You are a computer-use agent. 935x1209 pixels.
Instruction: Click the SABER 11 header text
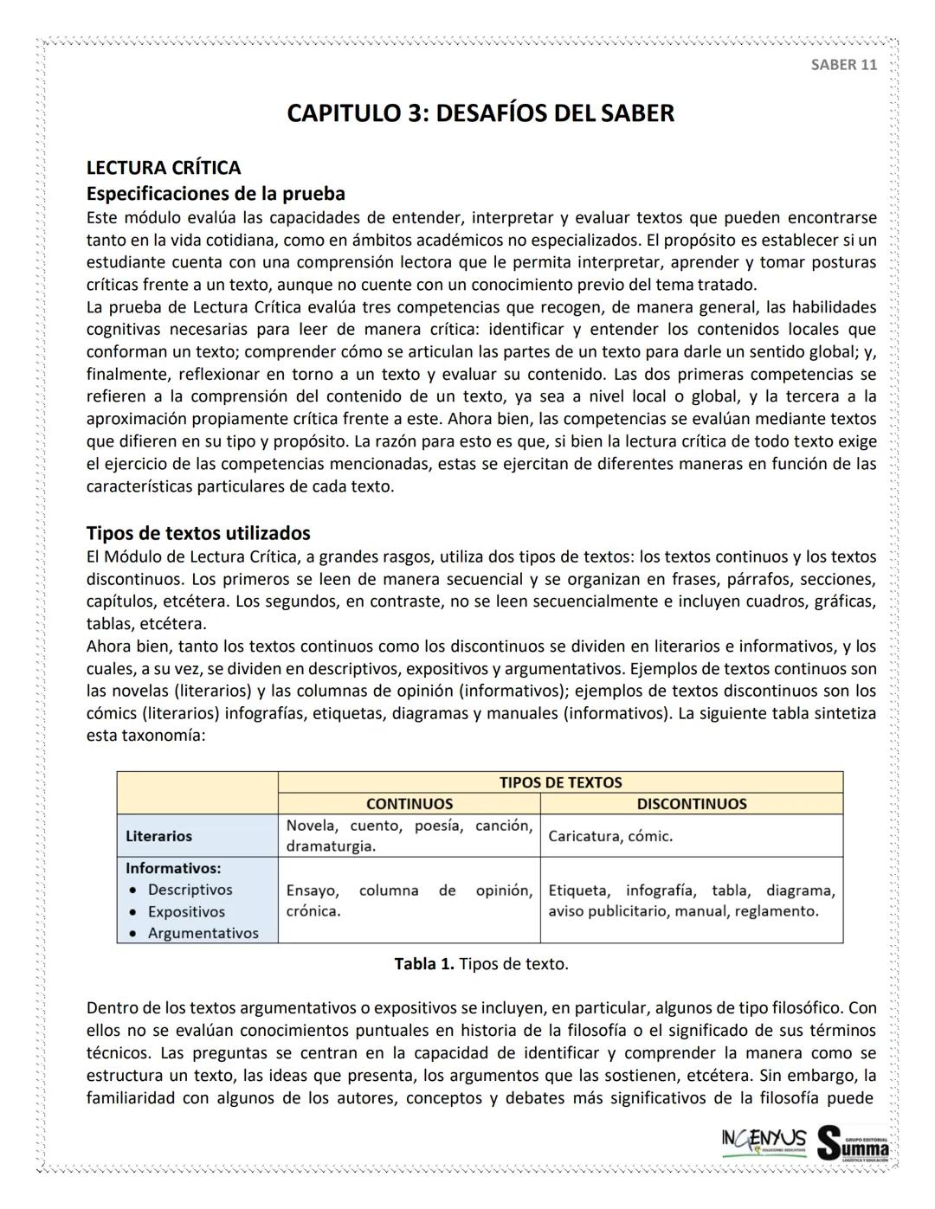click(x=843, y=65)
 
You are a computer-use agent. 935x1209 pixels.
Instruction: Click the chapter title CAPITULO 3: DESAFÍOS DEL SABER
click(x=480, y=113)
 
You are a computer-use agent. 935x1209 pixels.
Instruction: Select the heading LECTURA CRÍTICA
click(x=164, y=167)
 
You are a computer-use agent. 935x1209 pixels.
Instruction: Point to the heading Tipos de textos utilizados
click(x=198, y=532)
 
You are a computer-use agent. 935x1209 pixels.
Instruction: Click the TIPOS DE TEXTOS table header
click(x=560, y=781)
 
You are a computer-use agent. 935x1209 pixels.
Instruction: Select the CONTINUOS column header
click(x=409, y=803)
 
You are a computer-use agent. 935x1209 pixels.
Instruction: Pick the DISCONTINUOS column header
click(x=691, y=803)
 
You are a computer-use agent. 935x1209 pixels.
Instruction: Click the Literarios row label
click(x=158, y=836)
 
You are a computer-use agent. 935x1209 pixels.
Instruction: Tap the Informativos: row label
click(x=173, y=867)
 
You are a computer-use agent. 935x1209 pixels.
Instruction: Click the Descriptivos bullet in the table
click(x=190, y=890)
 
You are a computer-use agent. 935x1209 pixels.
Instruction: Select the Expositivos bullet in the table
click(x=186, y=911)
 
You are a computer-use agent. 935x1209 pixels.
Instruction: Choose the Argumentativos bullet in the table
click(x=203, y=933)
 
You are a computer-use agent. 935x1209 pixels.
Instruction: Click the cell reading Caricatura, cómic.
click(x=610, y=836)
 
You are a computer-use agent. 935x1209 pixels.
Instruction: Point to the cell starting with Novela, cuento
click(x=409, y=835)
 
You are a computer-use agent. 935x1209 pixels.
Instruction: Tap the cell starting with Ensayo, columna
click(x=409, y=900)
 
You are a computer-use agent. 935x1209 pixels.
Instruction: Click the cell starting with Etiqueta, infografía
click(x=691, y=900)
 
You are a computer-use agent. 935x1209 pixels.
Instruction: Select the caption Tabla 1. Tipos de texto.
click(x=481, y=964)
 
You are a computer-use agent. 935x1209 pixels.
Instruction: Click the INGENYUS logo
click(x=764, y=1140)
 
